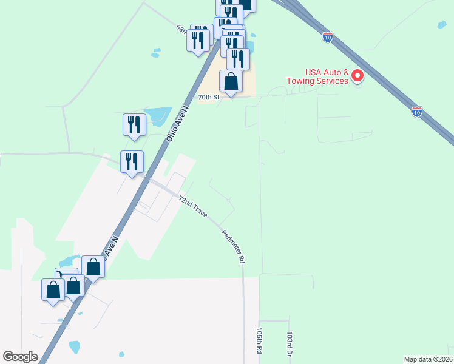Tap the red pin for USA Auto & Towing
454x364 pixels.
pyautogui.click(x=357, y=76)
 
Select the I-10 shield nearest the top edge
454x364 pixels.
pyautogui.click(x=328, y=37)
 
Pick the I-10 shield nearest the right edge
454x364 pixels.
pyautogui.click(x=416, y=111)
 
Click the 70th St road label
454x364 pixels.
pyautogui.click(x=208, y=96)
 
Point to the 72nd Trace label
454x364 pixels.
pyautogui.click(x=193, y=207)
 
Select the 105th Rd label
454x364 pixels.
pyautogui.click(x=259, y=341)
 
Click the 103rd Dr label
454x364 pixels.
pyautogui.click(x=290, y=343)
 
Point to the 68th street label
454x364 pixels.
pyautogui.click(x=183, y=30)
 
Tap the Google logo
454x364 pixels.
pyautogui.click(x=20, y=357)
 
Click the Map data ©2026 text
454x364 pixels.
pyautogui.click(x=429, y=359)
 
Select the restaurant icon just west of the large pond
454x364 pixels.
pyautogui.click(x=134, y=124)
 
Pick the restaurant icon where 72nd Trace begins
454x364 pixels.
pyautogui.click(x=132, y=161)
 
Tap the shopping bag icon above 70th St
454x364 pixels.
pyautogui.click(x=231, y=81)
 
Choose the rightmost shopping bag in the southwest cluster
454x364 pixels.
pyautogui.click(x=93, y=266)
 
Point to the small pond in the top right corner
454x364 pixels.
pyautogui.click(x=441, y=25)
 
